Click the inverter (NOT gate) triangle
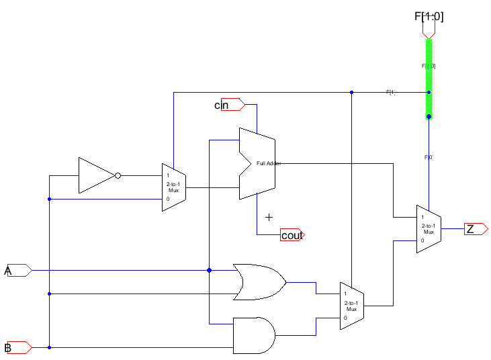coord(95,175)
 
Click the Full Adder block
coord(257,163)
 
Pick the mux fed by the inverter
coord(173,187)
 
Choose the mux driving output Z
coord(428,229)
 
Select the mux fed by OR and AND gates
coord(351,306)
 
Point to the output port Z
coord(476,229)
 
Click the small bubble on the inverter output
coord(118,176)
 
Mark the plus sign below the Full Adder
coord(269,217)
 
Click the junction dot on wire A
coord(210,270)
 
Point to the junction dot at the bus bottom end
coord(429,117)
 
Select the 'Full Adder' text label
coord(269,163)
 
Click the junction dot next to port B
coord(49,347)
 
